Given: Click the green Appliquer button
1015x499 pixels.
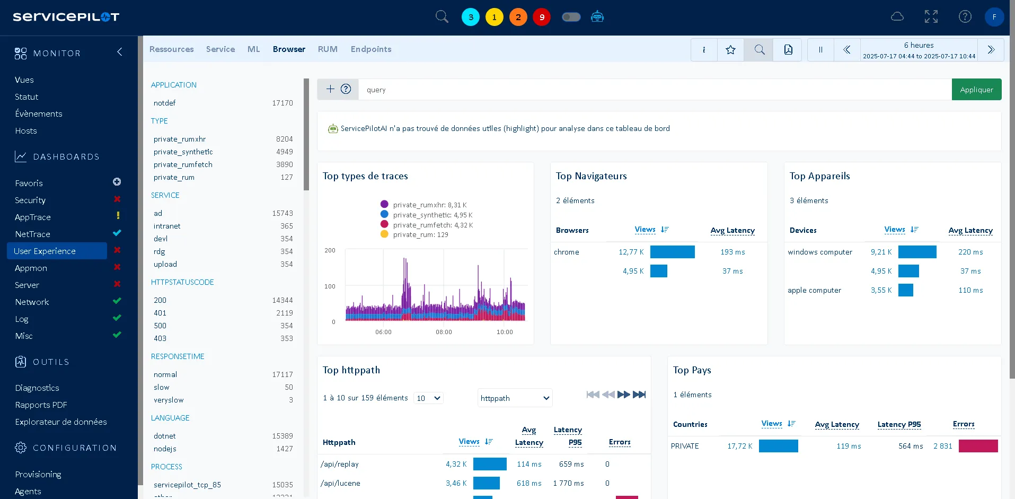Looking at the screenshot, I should (976, 90).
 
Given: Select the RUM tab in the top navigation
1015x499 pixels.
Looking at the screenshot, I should (328, 49).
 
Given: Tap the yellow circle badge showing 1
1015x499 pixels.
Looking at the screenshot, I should (494, 17).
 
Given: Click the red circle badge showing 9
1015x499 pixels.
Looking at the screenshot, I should (542, 17).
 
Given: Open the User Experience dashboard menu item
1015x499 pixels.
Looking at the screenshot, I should (45, 251).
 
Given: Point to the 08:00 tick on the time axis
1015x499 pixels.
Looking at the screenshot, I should (444, 332).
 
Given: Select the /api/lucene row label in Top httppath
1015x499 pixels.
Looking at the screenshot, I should (340, 483).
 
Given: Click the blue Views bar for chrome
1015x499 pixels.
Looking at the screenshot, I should (672, 252).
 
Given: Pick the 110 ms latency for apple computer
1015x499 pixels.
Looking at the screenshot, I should (970, 290).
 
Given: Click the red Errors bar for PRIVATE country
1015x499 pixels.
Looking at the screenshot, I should (978, 446).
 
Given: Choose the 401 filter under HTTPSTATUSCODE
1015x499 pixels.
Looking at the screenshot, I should (160, 313).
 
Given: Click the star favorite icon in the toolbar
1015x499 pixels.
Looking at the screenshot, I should (730, 50).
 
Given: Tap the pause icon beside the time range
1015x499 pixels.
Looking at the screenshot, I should (820, 50).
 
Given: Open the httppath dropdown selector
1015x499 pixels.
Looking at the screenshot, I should (515, 398).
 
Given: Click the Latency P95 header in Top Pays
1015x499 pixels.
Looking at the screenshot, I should (899, 424).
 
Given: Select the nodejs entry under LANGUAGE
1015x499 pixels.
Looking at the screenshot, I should (165, 449).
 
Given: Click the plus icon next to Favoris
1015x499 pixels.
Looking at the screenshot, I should (117, 182).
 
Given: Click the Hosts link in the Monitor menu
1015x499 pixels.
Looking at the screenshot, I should (26, 131).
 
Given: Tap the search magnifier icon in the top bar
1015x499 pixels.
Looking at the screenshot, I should (442, 17).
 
